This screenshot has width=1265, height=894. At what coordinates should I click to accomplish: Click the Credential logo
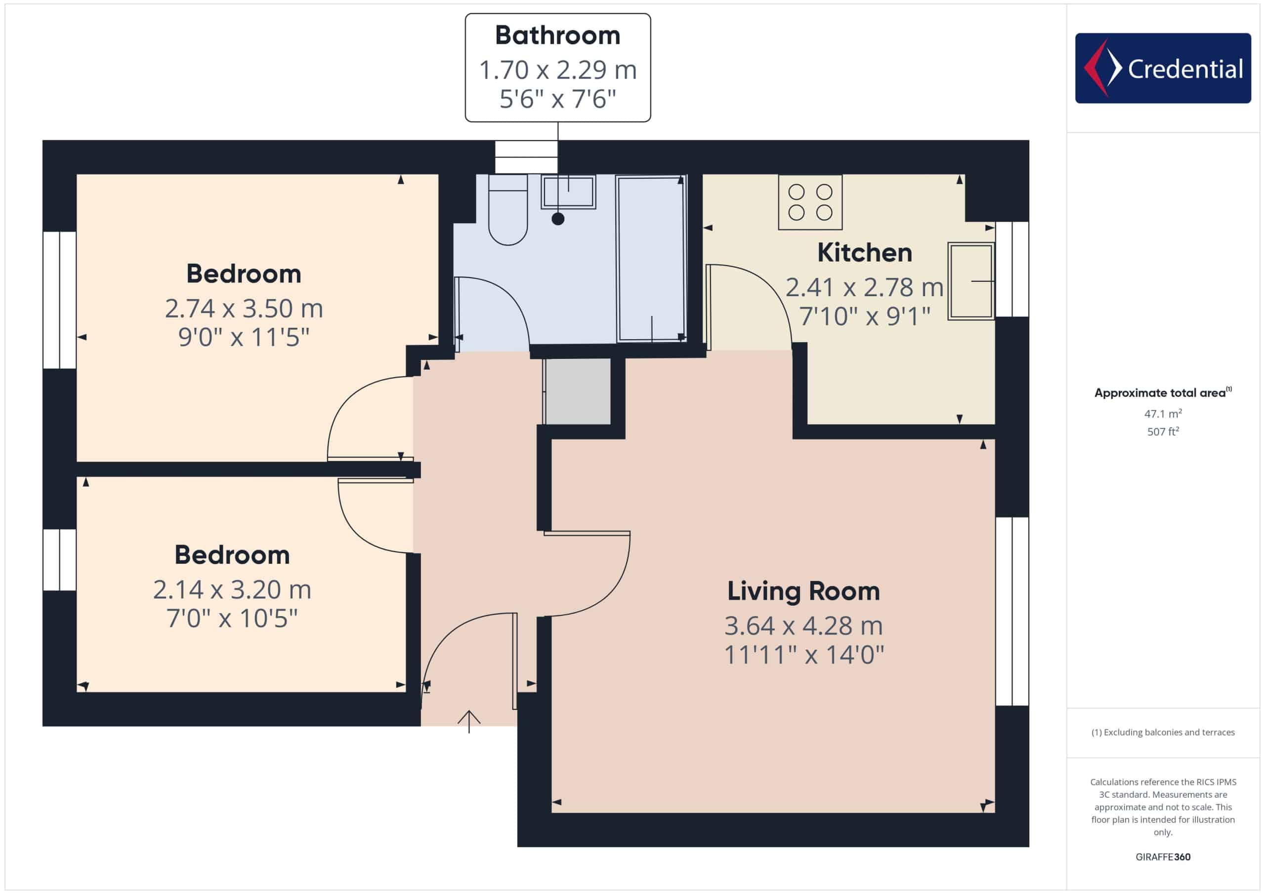pos(1163,68)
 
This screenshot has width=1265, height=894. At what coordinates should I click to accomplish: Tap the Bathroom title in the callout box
pos(557,35)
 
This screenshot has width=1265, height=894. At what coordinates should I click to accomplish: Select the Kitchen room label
pos(864,253)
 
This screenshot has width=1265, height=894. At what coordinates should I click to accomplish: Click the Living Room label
pos(803,591)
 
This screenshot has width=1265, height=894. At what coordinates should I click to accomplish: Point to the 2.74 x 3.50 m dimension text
pos(244,308)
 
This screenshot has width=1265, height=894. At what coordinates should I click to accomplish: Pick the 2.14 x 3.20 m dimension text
pos(232,589)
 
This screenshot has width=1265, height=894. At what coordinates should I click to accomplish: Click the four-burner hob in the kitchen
pos(810,202)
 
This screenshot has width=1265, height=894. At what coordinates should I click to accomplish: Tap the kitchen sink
pos(971,281)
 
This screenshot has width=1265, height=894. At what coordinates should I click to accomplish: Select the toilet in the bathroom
pos(507,210)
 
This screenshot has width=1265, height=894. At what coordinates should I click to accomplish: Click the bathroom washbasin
pos(568,192)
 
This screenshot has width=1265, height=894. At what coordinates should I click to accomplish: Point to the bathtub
pos(651,258)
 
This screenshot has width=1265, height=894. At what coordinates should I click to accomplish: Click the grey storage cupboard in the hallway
pos(578,391)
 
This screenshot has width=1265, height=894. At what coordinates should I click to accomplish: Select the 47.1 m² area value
pos(1163,413)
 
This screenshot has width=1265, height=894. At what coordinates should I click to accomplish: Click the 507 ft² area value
pos(1163,431)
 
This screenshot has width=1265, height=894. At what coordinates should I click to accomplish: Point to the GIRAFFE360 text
pos(1163,857)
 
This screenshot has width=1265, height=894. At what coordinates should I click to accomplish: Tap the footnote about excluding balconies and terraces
pos(1163,732)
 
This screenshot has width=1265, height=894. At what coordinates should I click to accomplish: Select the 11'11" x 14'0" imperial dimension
pos(803,655)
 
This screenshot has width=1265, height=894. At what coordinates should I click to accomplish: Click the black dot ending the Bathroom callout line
pos(557,219)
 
